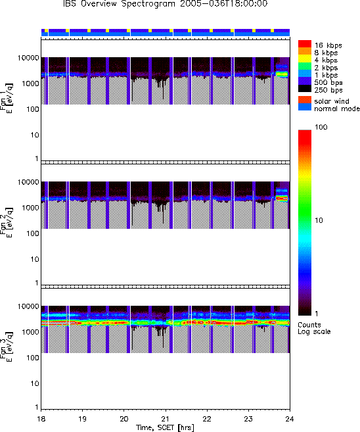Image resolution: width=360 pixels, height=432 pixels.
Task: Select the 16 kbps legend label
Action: coord(328,45)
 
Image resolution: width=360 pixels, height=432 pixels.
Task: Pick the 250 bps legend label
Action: coord(328,90)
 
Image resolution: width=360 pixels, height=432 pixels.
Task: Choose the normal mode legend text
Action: coord(337,108)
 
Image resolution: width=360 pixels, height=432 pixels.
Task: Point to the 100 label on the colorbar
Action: coord(321,127)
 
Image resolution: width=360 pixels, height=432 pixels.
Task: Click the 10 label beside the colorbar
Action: coord(319,220)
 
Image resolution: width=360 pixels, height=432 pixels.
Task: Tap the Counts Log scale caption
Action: coord(314,328)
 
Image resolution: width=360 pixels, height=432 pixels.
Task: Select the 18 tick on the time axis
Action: coord(41,419)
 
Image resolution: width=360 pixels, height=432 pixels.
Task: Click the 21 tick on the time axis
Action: coord(166,419)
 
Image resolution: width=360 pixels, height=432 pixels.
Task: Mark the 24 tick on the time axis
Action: coord(290,419)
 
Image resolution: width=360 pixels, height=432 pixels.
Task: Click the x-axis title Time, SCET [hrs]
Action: coord(165,427)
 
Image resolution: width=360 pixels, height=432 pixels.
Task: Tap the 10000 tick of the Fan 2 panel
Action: coord(28,182)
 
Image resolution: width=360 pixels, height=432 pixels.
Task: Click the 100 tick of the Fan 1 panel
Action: coord(32,109)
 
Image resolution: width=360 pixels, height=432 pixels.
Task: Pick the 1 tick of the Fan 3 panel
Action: coord(36,407)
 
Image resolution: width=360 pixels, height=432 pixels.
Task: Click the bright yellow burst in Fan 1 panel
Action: coord(282,74)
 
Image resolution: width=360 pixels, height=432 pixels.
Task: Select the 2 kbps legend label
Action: coord(326,68)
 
